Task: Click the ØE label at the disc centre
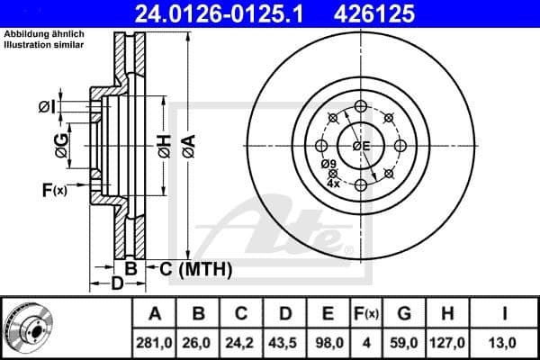point(362,146)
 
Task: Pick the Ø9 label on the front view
point(330,164)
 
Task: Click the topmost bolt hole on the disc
point(361,107)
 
